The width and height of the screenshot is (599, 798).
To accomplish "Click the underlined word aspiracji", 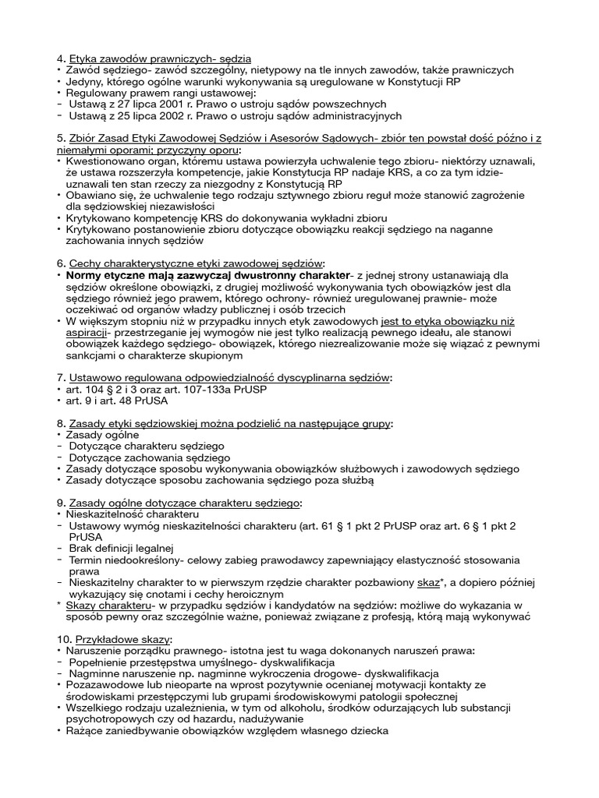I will (89, 332).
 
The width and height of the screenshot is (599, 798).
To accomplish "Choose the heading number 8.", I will (61, 424).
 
